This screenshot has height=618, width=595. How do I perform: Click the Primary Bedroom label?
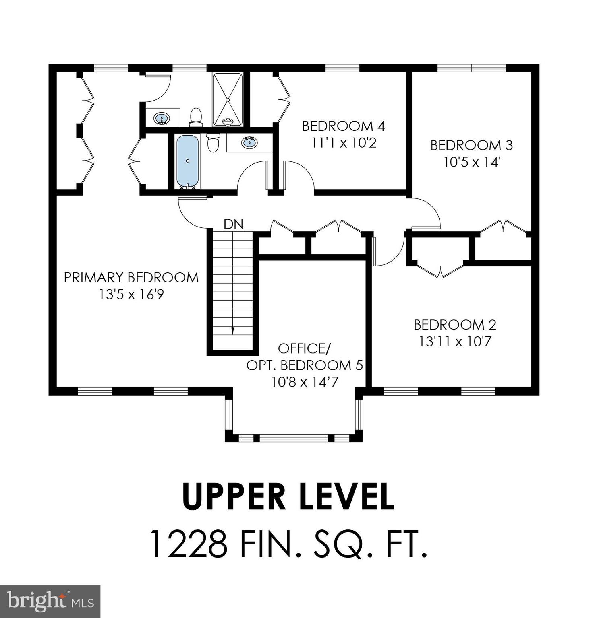[131, 278]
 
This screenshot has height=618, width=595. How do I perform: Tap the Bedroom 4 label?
[343, 126]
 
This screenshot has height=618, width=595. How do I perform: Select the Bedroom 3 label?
[471, 145]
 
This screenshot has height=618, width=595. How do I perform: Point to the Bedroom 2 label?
[455, 325]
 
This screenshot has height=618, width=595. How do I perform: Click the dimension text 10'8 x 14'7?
[304, 382]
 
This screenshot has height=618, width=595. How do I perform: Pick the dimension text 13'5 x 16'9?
[131, 295]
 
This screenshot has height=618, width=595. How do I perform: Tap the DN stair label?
[233, 224]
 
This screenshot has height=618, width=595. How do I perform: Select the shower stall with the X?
[228, 99]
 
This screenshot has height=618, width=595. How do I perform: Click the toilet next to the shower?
[196, 117]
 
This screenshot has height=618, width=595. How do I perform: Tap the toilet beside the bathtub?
[213, 143]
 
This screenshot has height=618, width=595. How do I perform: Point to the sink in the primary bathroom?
[162, 118]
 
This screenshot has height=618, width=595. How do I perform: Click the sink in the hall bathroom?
[249, 142]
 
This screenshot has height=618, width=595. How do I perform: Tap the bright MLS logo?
[50, 602]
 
